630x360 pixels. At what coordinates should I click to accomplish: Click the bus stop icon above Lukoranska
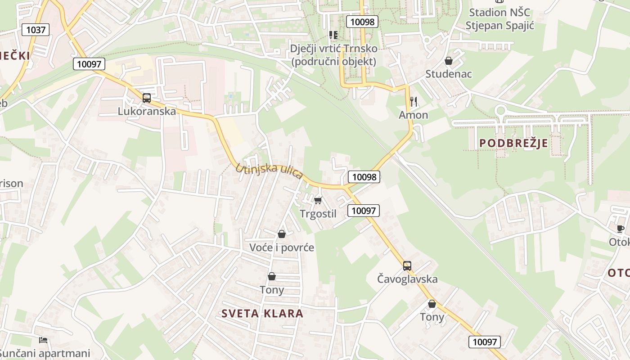point(147,98)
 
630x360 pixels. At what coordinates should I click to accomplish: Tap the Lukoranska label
point(147,111)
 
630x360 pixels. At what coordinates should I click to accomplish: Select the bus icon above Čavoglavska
point(407,265)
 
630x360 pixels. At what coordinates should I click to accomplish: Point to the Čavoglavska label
point(407,279)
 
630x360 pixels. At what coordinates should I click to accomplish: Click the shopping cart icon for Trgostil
point(318,200)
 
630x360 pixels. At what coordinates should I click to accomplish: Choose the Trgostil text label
point(318,214)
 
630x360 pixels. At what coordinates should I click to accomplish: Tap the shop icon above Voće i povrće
point(282,234)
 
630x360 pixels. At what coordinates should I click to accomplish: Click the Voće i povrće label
point(282,247)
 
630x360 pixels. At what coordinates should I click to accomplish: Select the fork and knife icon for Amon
point(414,101)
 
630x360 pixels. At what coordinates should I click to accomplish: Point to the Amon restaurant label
point(414,115)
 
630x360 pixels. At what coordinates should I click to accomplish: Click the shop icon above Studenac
point(449,61)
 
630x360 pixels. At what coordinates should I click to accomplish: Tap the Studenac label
point(449,74)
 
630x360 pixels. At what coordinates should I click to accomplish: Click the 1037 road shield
point(36,30)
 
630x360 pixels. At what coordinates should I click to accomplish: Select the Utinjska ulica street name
point(269,171)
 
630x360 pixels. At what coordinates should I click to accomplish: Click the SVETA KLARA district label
point(263,314)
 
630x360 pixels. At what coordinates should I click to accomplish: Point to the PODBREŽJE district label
point(513,143)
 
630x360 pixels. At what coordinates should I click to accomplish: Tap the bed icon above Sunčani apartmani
point(43,340)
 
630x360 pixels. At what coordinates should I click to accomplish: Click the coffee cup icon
point(621,229)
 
